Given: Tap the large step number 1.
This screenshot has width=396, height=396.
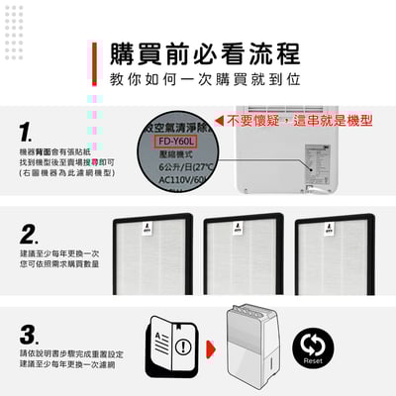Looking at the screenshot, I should pos(28,131).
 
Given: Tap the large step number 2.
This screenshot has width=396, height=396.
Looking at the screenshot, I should pos(30,235).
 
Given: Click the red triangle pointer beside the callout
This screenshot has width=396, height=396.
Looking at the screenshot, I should pos(218,119).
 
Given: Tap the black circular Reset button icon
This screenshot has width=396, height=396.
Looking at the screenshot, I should pos(314,346).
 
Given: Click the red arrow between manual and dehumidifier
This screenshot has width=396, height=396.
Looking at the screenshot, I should pos(210,348).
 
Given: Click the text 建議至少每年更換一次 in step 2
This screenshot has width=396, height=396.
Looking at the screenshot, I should pos(58,252).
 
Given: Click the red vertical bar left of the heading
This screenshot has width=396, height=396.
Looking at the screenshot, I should pos(92,64).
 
